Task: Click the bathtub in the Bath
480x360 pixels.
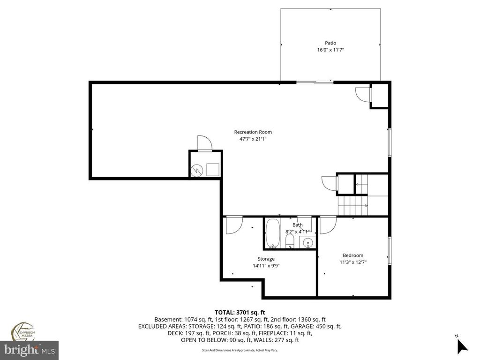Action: click(272, 233)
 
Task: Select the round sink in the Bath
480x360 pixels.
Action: click(307, 242)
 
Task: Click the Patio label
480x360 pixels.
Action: click(330, 43)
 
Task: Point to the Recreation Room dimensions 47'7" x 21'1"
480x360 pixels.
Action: click(253, 139)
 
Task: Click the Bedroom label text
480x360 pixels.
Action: click(352, 255)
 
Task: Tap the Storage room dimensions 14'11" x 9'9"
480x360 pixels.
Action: click(266, 266)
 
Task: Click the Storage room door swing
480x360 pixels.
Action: click(232, 225)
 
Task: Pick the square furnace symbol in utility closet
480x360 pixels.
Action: click(213, 169)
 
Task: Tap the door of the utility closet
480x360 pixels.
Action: click(204, 143)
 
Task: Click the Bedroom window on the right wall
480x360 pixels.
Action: click(389, 251)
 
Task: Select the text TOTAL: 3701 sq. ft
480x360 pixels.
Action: click(240, 312)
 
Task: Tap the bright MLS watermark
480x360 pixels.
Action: click(29, 349)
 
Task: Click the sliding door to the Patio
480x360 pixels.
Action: click(315, 82)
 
